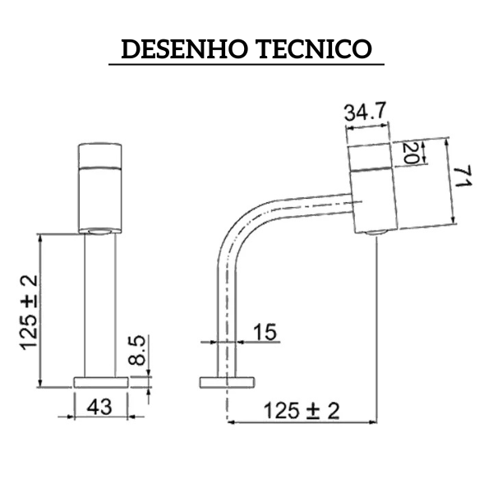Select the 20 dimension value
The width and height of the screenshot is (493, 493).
[411, 152]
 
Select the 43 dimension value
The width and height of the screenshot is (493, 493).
[101, 405]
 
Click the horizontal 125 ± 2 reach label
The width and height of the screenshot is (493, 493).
[301, 410]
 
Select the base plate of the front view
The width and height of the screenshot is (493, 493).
[101, 381]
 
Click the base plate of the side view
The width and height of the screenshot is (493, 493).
[227, 381]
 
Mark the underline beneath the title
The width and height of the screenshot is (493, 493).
[246, 65]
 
